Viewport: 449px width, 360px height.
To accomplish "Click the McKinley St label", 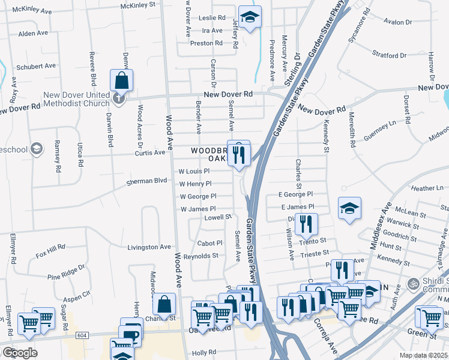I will [x=137, y=4].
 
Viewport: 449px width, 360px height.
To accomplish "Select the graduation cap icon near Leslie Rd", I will [x=250, y=17].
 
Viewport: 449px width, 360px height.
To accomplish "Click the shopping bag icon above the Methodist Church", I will [x=121, y=80].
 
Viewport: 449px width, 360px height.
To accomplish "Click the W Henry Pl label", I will [x=195, y=184].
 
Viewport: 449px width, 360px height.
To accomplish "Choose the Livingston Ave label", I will [x=149, y=247].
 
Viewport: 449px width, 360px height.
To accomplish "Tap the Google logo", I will [x=19, y=352].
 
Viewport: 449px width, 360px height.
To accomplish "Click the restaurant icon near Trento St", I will [x=306, y=224].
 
